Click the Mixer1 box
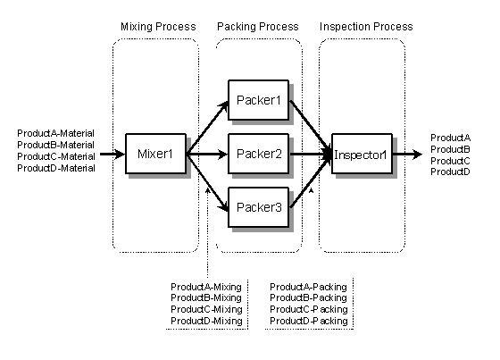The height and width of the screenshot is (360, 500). click(x=155, y=154)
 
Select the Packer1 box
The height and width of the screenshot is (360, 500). click(x=259, y=100)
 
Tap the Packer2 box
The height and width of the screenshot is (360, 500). click(x=259, y=154)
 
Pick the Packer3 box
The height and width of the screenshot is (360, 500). click(x=259, y=207)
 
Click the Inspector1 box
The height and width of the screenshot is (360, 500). click(x=362, y=154)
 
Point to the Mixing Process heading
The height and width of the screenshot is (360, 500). click(x=158, y=27)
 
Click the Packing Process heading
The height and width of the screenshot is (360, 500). click(x=258, y=27)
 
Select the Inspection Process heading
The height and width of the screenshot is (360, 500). click(x=366, y=27)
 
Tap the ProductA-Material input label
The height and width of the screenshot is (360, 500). click(x=55, y=133)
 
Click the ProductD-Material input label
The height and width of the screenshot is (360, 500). click(x=56, y=168)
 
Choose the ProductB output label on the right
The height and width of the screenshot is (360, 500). click(x=450, y=149)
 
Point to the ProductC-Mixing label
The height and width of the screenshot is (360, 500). click(x=206, y=309)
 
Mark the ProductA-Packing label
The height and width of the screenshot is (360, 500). click(x=308, y=287)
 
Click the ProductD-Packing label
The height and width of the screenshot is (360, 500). click(x=309, y=321)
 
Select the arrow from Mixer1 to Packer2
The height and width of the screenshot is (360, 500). click(x=207, y=155)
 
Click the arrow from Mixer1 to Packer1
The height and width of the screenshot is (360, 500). click(x=207, y=128)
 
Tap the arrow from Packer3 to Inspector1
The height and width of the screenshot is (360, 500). click(x=311, y=181)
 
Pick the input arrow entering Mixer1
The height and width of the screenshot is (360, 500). click(x=112, y=155)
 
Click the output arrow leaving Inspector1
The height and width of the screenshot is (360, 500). click(x=407, y=155)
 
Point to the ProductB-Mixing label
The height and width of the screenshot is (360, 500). click(x=206, y=297)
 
